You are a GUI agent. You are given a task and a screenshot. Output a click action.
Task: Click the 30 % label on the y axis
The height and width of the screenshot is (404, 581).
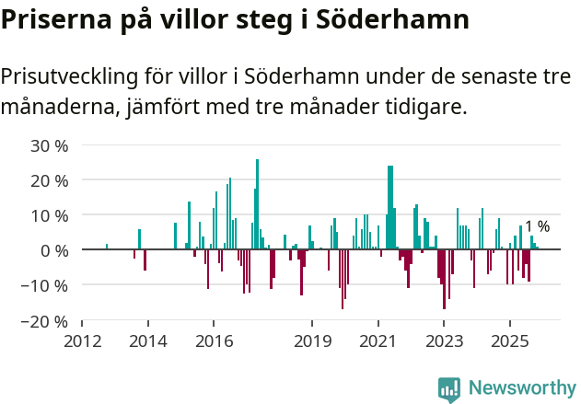click(50, 145)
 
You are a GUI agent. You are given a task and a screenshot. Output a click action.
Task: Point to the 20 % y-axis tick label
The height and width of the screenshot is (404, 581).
click(50, 180)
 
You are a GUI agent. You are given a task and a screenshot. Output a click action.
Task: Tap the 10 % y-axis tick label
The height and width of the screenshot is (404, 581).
click(50, 215)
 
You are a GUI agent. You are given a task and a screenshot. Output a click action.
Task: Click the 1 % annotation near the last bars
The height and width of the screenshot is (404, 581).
click(537, 226)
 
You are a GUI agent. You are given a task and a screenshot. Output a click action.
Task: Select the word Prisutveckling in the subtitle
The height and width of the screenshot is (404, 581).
click(66, 77)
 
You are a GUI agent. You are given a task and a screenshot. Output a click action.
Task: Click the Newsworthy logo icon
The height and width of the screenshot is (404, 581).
click(449, 388)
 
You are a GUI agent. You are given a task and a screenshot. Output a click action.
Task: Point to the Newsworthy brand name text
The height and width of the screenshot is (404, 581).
click(521, 388)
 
